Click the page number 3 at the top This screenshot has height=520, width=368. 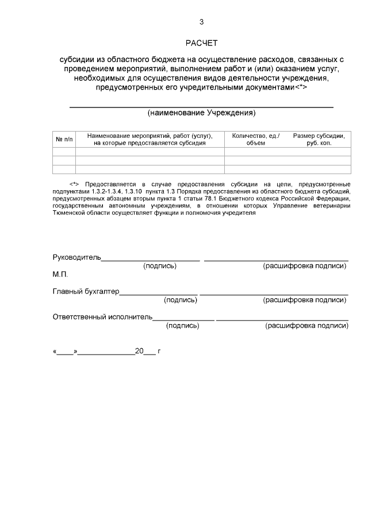[201, 22]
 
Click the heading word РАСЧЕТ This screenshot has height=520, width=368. [201, 43]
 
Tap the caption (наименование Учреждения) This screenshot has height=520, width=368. [201, 113]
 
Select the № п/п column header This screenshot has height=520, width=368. [64, 139]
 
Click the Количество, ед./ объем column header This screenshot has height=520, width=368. [256, 139]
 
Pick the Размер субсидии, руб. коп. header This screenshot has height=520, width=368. [319, 139]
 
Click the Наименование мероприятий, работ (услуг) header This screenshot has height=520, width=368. [150, 139]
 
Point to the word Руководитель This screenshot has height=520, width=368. [76, 257]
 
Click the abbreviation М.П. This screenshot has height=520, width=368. [60, 274]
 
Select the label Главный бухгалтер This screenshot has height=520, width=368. [86, 291]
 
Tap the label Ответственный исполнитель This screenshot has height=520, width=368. [102, 317]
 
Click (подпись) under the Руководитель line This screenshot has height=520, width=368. [160, 266]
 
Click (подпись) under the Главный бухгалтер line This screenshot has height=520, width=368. [181, 300]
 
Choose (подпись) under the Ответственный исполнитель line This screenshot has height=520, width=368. [182, 326]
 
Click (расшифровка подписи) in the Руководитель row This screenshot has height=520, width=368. [305, 266]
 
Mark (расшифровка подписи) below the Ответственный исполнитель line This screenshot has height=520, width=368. [306, 326]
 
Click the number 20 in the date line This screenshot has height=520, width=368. [139, 350]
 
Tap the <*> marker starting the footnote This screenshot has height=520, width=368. [74, 184]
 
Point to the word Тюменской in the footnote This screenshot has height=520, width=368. [68, 212]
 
